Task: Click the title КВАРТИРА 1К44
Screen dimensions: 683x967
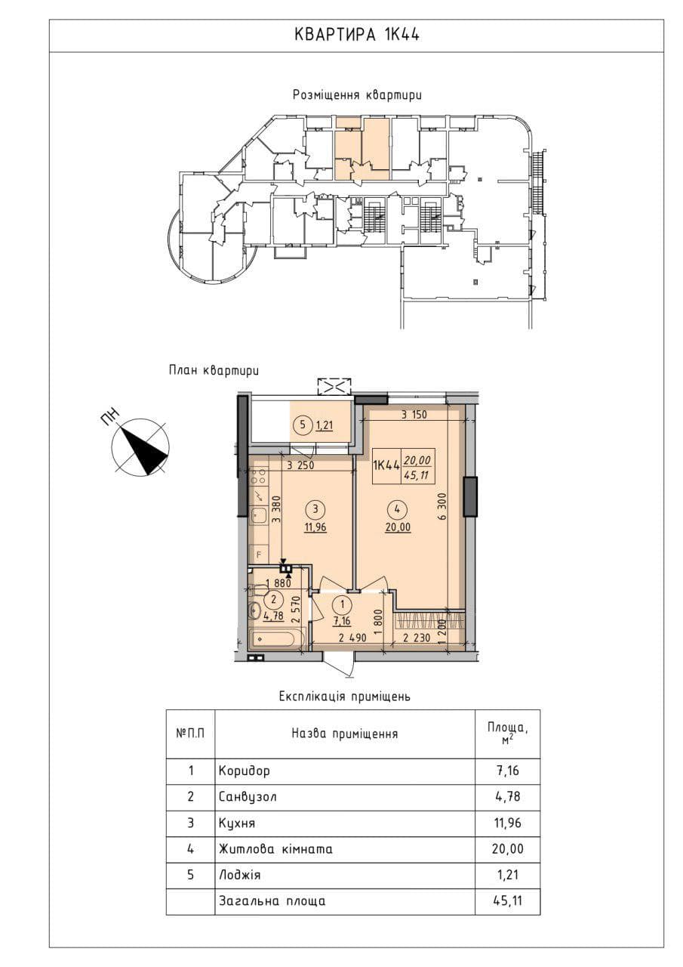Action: coord(356,35)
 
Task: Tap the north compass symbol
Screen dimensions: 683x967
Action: coord(140,446)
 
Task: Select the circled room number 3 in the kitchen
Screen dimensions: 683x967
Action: coord(315,509)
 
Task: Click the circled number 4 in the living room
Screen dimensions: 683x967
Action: coord(397,509)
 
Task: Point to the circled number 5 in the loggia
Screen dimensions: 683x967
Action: coord(303,425)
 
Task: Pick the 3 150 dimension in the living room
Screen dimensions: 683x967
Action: coord(414,415)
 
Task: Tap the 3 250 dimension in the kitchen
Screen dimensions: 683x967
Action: coord(300,466)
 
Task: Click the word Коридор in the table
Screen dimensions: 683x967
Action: coord(244,771)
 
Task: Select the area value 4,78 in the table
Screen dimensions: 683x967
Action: coord(509,796)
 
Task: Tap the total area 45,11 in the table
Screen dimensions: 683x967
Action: coord(508,901)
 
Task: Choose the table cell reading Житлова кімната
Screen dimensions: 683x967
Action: coord(275,848)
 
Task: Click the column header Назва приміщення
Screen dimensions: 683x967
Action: coord(344,734)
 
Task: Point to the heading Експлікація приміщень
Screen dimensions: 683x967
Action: coord(345,697)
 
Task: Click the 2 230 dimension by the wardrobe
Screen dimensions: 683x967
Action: coord(416,638)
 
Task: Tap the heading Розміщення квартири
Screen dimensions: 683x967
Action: coord(357,94)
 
